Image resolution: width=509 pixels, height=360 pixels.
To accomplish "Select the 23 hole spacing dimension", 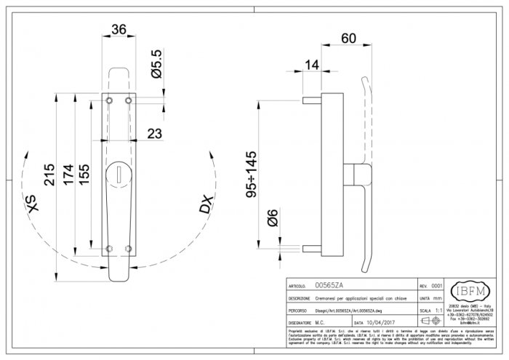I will point(153,132).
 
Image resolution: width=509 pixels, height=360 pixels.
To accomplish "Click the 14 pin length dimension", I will point(312,65).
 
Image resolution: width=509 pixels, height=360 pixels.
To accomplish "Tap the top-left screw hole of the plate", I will point(109,99).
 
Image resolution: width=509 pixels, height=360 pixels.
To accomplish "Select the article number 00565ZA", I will point(330,287).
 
